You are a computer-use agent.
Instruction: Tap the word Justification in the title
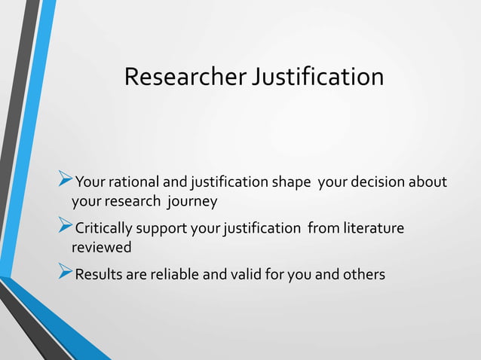[x=317, y=76]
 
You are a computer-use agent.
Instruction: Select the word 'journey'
[x=193, y=202]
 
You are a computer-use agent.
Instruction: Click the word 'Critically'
[x=106, y=228]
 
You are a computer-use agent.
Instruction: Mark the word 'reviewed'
[x=102, y=248]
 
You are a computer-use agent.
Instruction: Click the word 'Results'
[x=100, y=274]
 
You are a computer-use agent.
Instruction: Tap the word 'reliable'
[x=173, y=274]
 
